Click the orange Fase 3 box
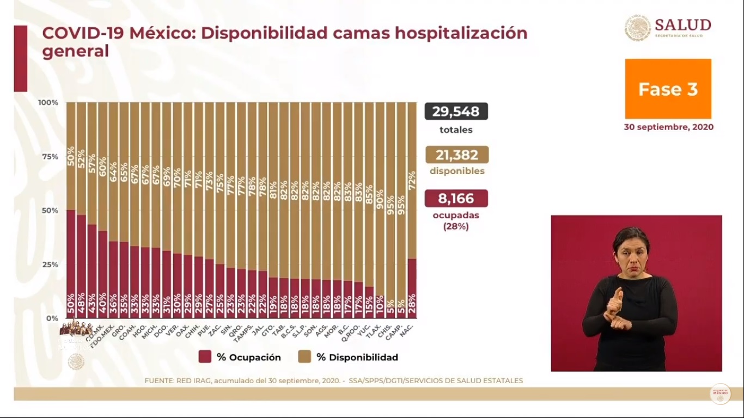point(668,89)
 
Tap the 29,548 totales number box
point(456,112)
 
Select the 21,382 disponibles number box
point(456,155)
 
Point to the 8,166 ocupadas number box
point(456,199)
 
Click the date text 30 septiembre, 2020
point(668,127)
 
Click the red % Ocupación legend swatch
point(205,357)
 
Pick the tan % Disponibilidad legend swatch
point(304,357)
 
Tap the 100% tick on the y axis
point(48,102)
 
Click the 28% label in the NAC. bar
point(412,306)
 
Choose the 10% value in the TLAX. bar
point(380,306)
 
